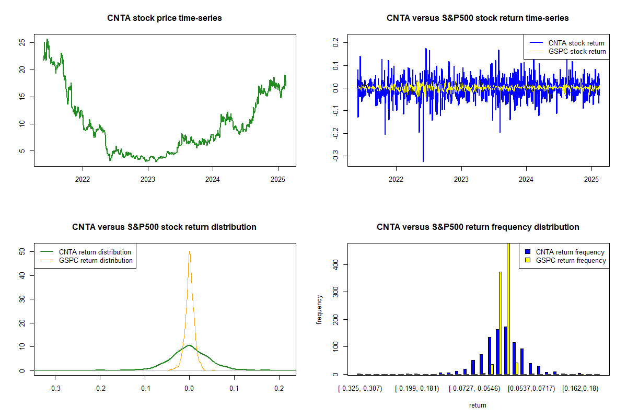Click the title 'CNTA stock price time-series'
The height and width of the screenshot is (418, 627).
point(165,18)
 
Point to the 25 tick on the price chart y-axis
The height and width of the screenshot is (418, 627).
point(22,43)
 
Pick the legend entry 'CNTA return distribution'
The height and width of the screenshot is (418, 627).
point(95,252)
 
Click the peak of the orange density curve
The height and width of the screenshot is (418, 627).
point(190,251)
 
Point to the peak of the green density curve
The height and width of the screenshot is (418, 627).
point(189,345)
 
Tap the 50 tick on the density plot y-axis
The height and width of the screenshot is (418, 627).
point(22,251)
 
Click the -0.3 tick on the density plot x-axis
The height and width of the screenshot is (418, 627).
point(55,389)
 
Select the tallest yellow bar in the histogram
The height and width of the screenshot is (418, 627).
point(508,308)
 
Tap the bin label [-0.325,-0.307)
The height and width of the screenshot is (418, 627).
point(360,389)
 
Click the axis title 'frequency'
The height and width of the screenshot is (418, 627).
point(319,310)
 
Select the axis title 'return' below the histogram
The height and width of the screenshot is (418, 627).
point(478,405)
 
